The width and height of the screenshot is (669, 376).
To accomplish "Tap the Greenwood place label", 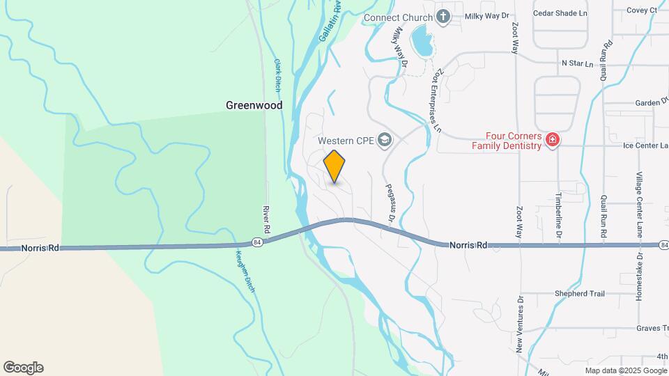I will (x=254, y=105).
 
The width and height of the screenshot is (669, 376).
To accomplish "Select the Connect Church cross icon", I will (x=443, y=16).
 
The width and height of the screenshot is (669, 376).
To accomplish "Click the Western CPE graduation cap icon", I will (x=383, y=141).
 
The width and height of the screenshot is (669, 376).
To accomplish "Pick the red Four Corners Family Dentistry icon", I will (x=553, y=140).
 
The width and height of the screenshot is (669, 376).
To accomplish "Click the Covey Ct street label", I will (x=642, y=10).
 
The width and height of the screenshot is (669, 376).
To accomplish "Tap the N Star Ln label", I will (x=577, y=63).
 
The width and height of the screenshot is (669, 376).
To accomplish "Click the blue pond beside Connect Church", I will (x=422, y=42).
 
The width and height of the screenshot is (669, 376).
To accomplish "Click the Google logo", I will (x=23, y=368).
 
